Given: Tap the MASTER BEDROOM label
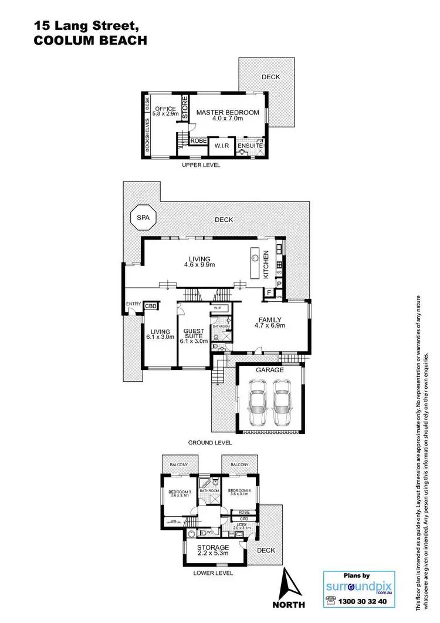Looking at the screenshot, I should point(227,112).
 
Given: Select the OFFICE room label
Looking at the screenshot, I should point(165,109).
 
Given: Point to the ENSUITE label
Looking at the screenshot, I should point(251,144).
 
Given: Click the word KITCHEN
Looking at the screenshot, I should point(265,264).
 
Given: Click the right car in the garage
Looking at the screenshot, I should point(283,403).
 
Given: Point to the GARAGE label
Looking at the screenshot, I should point(269,371).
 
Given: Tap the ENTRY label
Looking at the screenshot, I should point(133,304).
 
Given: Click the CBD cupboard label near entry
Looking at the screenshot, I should point(151,306).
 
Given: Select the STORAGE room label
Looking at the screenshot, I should point(212,547).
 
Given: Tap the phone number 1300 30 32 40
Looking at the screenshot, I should point(365,602).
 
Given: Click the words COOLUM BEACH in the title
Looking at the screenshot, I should point(90,41).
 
